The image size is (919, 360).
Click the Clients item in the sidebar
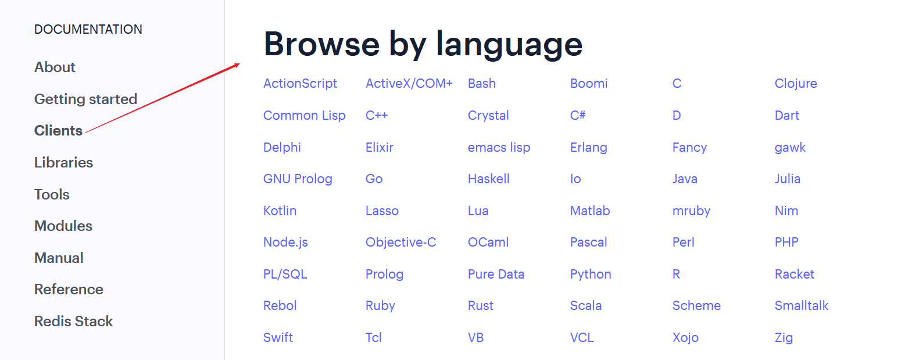click(58, 130)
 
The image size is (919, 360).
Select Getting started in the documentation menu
click(86, 99)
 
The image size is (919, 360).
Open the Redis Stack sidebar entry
click(73, 321)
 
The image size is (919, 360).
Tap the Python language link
click(591, 274)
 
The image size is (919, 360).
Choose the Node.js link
click(285, 242)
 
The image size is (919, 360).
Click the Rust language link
click(480, 305)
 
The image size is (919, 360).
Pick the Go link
click(374, 179)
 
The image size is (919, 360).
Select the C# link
click(578, 115)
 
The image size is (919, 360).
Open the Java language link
click(685, 179)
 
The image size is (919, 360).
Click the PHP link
click(786, 242)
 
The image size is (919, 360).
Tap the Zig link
click(784, 337)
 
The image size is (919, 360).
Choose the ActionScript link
click(300, 84)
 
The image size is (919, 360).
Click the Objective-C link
click(401, 242)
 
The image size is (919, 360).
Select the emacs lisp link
click(499, 147)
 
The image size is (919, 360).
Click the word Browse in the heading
click(321, 44)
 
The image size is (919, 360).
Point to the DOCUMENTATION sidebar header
click(88, 30)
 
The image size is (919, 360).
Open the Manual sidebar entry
click(59, 258)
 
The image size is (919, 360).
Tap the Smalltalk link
click(801, 305)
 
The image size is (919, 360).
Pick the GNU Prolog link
click(298, 179)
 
